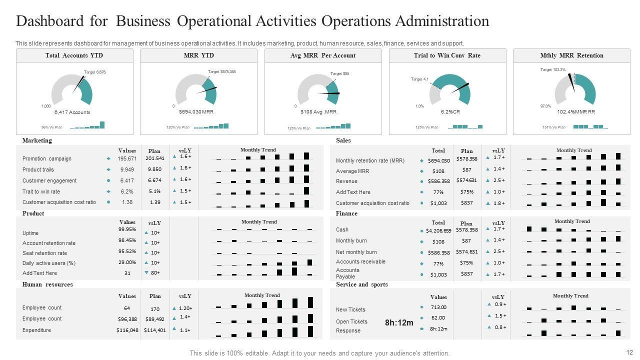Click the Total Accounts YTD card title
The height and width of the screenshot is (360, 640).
pyautogui.click(x=74, y=55)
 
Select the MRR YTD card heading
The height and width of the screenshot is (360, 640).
pyautogui.click(x=198, y=55)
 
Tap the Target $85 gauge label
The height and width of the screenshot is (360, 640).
pyautogui.click(x=339, y=74)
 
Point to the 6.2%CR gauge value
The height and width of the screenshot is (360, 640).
pyautogui.click(x=450, y=112)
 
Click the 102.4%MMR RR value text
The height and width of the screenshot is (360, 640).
pyautogui.click(x=575, y=112)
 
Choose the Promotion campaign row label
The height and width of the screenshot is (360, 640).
pyautogui.click(x=47, y=158)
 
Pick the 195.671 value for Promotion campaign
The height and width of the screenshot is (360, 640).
pyautogui.click(x=127, y=158)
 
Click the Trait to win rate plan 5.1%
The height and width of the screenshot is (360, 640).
pyautogui.click(x=154, y=191)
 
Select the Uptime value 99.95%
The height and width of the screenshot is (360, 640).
pyautogui.click(x=127, y=229)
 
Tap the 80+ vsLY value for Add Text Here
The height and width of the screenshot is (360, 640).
pyautogui.click(x=155, y=273)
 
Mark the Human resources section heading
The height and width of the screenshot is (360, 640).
pyautogui.click(x=47, y=284)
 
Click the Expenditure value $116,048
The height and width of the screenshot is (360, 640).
pyautogui.click(x=127, y=330)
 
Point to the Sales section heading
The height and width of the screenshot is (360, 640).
pyautogui.click(x=343, y=140)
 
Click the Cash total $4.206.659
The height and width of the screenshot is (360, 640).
pyautogui.click(x=438, y=231)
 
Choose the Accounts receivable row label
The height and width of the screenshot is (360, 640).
pyautogui.click(x=360, y=262)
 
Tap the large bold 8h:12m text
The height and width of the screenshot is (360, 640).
pyautogui.click(x=399, y=323)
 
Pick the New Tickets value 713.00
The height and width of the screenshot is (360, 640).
pyautogui.click(x=438, y=307)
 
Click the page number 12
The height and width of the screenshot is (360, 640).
pyautogui.click(x=629, y=352)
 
